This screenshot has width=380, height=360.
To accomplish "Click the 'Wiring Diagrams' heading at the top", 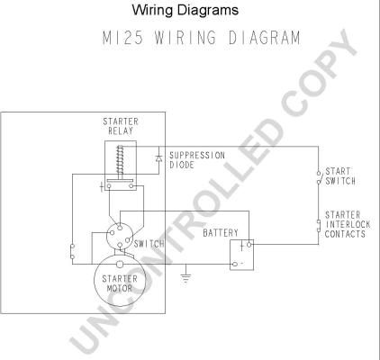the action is [x=185, y=10].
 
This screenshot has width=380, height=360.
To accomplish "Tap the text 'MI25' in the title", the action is [x=122, y=38].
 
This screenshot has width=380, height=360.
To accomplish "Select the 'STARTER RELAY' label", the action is [x=121, y=126].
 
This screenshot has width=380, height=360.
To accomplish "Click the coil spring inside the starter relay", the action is [x=120, y=161].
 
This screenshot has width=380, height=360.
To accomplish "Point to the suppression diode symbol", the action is [x=158, y=158].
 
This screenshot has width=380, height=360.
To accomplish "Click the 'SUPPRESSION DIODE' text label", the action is [x=197, y=160].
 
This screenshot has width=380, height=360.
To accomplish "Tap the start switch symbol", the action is [x=318, y=177].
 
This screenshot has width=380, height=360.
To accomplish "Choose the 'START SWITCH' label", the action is [x=340, y=176].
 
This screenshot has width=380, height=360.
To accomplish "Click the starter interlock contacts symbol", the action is [x=318, y=225].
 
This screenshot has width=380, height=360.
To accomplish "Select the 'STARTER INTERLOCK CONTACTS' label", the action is [x=348, y=224].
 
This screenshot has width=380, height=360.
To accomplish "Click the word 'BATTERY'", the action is [x=221, y=233].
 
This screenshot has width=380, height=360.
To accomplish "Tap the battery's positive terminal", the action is [x=249, y=245].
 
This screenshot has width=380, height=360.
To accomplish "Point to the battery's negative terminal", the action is [x=235, y=264].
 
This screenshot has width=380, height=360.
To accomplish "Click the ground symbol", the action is [x=185, y=278].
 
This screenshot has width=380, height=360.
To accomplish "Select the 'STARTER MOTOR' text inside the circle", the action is [x=120, y=283].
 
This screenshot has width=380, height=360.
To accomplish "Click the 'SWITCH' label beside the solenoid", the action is [x=149, y=244].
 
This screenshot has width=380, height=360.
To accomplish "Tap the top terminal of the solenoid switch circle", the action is [x=120, y=228].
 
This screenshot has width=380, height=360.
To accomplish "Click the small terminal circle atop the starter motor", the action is [x=120, y=265].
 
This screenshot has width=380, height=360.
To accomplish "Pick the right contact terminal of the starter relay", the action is [x=131, y=186].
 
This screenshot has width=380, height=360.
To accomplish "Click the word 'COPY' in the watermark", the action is [x=319, y=70].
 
